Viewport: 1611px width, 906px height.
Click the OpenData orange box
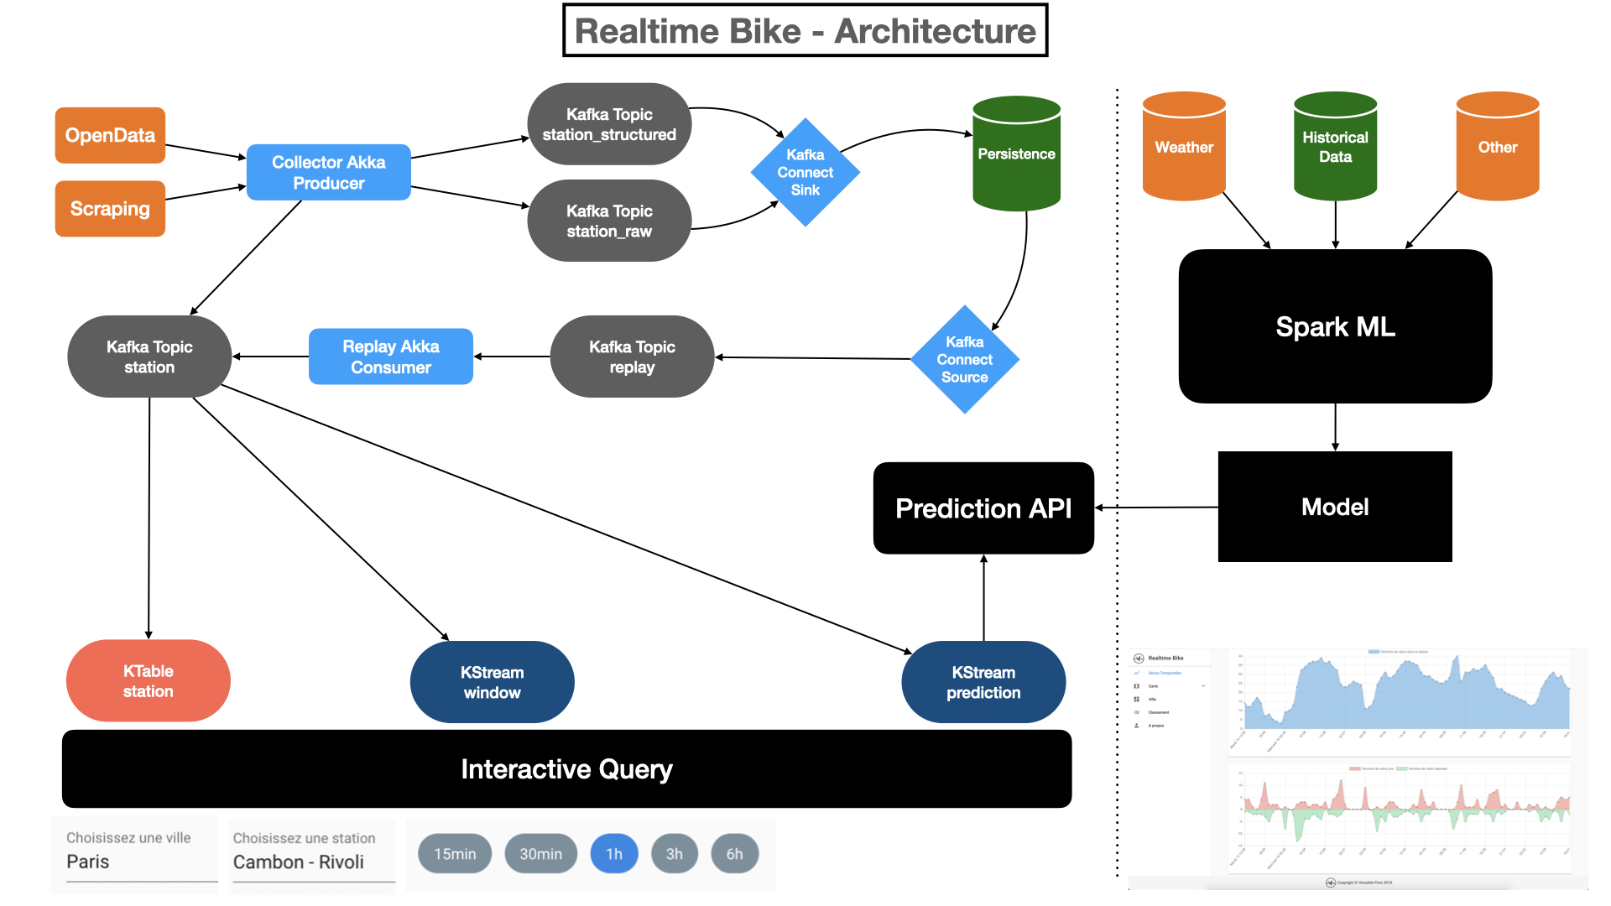tap(110, 135)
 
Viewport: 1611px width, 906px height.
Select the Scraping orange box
tap(110, 209)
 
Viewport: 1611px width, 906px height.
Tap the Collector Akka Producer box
tap(328, 172)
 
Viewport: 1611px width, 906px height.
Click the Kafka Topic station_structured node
tap(609, 124)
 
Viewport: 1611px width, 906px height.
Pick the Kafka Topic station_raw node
tap(609, 221)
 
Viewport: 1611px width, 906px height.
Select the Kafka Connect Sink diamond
tap(805, 172)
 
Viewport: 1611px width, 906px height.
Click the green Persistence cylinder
tap(1016, 154)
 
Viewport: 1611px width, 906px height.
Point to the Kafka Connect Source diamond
tap(964, 359)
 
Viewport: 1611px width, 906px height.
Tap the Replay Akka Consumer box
tap(390, 357)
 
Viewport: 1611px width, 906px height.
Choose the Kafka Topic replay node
tap(632, 357)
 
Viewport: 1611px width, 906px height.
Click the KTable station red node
tap(148, 680)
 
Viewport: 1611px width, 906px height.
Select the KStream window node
tap(492, 682)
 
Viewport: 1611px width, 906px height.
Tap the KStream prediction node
tap(983, 682)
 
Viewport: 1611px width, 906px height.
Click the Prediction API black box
tap(983, 508)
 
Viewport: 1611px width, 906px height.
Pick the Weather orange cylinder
tap(1184, 148)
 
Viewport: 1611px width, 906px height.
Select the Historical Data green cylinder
tap(1335, 148)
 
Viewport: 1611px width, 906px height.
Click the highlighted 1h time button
tap(614, 854)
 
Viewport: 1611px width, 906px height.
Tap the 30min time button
tap(540, 854)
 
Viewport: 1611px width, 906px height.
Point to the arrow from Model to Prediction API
tap(1158, 508)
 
